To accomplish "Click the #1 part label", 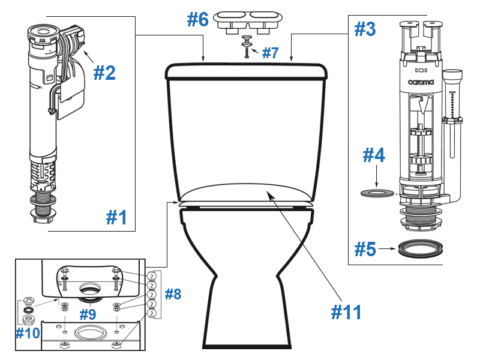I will (x=116, y=217).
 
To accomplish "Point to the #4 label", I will (x=376, y=157).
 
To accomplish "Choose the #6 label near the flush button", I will (x=197, y=19).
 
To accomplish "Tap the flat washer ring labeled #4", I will (x=377, y=193).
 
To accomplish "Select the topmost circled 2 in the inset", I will (x=152, y=276).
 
